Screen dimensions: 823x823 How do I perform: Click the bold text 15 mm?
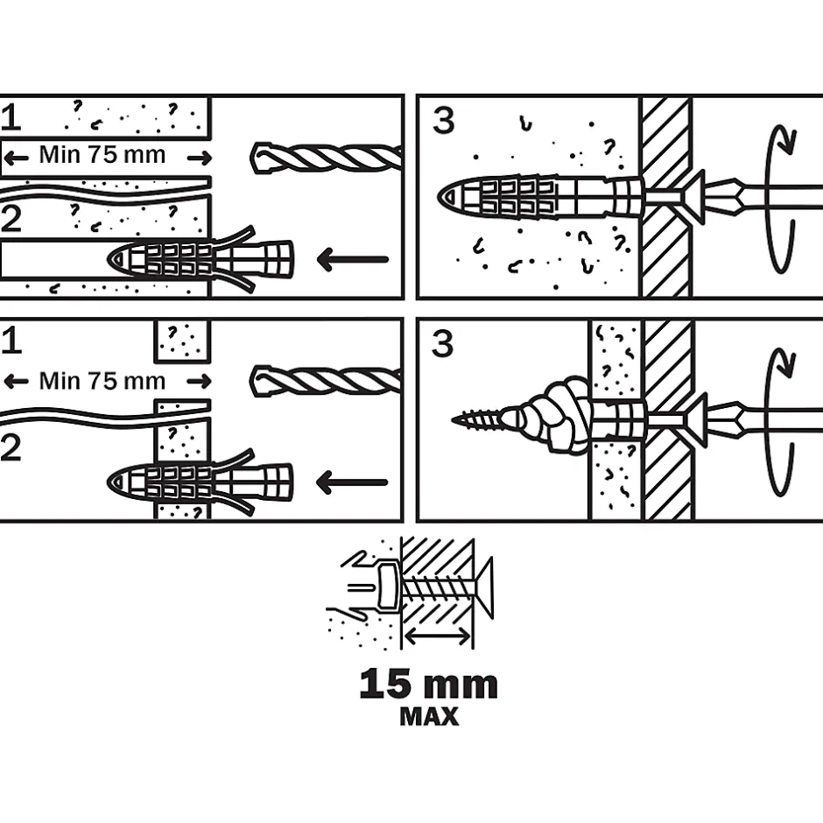click(428, 685)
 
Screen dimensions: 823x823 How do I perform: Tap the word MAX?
click(429, 717)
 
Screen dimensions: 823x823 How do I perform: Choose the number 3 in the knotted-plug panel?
click(443, 344)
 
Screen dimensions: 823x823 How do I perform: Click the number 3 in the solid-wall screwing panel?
click(443, 121)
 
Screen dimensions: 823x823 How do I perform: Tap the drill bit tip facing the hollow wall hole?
click(261, 379)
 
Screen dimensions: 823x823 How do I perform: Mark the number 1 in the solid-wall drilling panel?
click(12, 116)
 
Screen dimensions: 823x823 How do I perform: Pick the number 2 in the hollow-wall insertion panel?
click(12, 448)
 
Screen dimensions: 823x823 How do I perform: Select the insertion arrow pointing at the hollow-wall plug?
click(352, 482)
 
